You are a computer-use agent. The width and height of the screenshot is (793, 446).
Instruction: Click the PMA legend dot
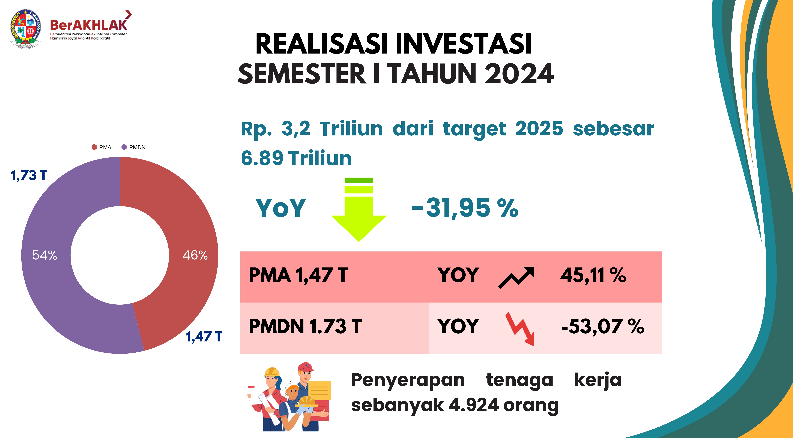94,147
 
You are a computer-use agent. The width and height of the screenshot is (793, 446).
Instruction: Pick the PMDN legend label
137,147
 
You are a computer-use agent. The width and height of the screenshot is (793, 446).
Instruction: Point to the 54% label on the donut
45,255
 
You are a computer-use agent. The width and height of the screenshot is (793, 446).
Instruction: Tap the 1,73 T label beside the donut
29,175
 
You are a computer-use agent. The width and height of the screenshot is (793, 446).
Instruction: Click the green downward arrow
359,212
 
